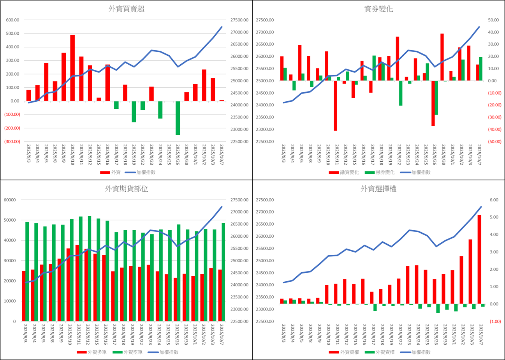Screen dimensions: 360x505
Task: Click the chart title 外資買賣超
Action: click(x=127, y=10)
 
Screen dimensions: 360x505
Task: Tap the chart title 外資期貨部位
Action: click(x=127, y=189)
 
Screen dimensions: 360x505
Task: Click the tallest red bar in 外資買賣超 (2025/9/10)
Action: click(x=72, y=68)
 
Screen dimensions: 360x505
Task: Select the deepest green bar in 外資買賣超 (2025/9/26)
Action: click(x=178, y=118)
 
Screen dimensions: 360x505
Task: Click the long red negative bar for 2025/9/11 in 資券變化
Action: click(x=335, y=106)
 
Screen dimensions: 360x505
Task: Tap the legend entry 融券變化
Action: click(x=380, y=172)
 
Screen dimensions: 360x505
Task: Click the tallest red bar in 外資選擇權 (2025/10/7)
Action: click(x=479, y=259)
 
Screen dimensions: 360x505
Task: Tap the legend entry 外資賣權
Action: click(x=380, y=352)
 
